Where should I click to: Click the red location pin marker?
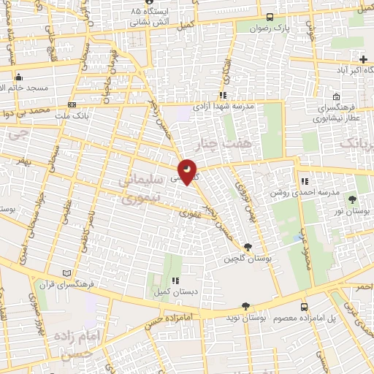pos(188,172)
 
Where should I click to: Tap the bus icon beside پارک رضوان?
pos(270,18)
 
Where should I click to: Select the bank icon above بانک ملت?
pos(72,104)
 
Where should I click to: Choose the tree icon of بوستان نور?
pos(354,199)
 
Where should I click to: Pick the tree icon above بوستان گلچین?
pos(248,247)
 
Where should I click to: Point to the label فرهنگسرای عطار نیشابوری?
pos(335,111)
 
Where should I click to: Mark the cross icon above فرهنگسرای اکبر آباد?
pos(364,59)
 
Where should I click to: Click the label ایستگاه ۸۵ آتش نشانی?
pos(149,18)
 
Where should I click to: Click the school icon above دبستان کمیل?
pos(175,280)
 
